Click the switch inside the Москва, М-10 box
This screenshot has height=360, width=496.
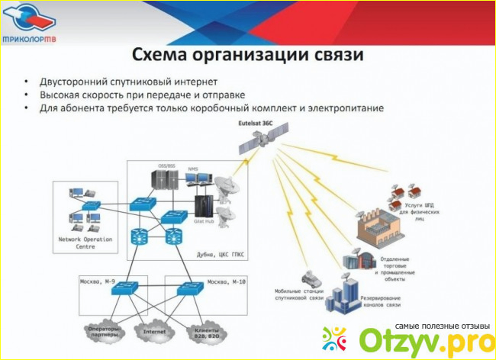[x=188, y=289]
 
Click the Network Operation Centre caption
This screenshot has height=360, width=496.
[x=85, y=243]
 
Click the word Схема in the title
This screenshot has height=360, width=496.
[x=160, y=55]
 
